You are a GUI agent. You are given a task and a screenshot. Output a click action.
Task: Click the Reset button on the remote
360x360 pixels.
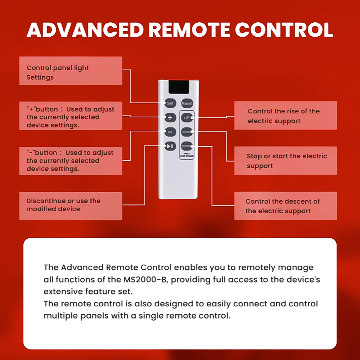coord(187,103)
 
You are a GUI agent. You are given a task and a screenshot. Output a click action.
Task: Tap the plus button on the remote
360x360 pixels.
coord(170,118)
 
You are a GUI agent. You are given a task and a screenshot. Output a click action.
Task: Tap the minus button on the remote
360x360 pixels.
coord(170,132)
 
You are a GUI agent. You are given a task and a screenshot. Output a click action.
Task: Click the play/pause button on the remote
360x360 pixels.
coord(170,146)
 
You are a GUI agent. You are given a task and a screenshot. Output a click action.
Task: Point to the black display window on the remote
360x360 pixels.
coord(178,88)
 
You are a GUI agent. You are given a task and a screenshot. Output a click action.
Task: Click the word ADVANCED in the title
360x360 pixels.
coord(85,30)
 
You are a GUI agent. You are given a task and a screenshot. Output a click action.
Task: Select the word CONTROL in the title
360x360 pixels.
coord(284,30)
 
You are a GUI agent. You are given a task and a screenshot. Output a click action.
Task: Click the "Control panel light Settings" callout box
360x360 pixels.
coord(71,71)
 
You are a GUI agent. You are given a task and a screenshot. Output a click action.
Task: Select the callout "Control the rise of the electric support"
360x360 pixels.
coord(285,116)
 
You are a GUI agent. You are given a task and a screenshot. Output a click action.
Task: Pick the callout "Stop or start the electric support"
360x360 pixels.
coord(285,161)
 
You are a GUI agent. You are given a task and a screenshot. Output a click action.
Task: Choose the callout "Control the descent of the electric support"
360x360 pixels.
coord(285,206)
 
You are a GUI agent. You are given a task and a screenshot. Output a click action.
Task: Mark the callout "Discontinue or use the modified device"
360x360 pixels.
coord(71,205)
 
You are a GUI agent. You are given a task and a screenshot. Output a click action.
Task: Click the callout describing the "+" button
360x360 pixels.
coord(71,116)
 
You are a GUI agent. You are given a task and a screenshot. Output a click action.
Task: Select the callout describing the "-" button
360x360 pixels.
coord(71,161)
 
